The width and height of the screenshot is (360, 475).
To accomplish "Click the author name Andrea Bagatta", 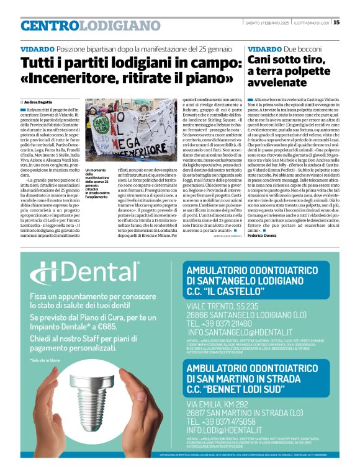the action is pos(39,101).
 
